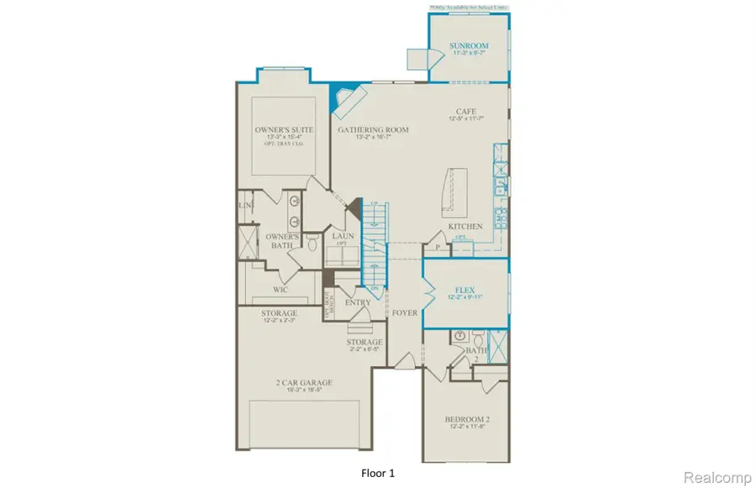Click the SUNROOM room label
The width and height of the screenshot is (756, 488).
(469, 45)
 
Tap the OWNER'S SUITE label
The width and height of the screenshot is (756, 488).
(283, 130)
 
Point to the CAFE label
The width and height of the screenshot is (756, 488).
(466, 111)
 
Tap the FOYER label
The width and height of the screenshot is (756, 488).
(405, 312)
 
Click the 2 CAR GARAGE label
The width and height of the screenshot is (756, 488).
(304, 383)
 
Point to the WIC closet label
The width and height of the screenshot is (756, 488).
(281, 290)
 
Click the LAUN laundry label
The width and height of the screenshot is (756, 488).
(343, 237)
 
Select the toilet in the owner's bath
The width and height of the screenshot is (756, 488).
(312, 244)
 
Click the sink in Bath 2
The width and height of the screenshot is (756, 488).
(460, 337)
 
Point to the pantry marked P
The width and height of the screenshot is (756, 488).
(438, 248)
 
